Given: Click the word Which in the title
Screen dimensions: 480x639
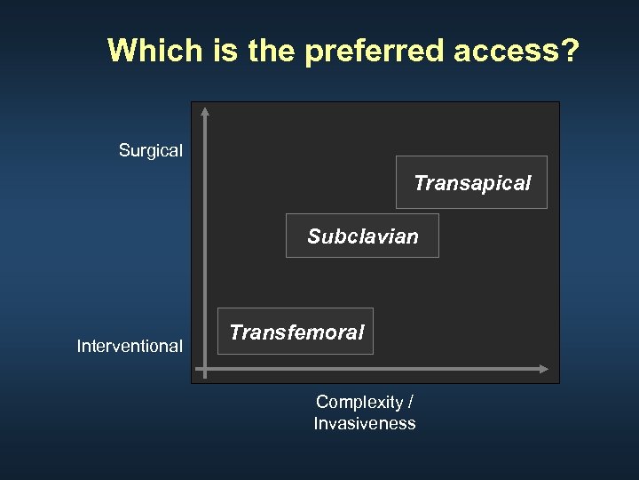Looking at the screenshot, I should (155, 51).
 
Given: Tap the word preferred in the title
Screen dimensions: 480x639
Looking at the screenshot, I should (375, 52).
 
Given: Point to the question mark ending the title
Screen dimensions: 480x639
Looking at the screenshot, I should (569, 51).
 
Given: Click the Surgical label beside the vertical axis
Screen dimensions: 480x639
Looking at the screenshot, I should (151, 151).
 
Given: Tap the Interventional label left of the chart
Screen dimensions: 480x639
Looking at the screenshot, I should (130, 346).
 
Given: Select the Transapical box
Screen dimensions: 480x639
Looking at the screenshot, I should (471, 182).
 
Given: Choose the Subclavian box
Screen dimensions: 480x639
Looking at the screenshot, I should (362, 236).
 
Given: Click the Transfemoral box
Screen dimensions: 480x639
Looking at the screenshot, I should (296, 332).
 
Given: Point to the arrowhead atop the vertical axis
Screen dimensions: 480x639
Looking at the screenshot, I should (205, 111).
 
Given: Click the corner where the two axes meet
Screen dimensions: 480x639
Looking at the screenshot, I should (205, 368).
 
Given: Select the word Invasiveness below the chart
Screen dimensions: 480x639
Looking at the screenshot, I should (364, 423).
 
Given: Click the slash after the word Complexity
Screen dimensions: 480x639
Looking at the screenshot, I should (409, 402).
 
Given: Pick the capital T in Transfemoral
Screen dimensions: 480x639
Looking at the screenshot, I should (235, 332).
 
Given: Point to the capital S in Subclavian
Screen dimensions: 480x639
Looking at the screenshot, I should (313, 236).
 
